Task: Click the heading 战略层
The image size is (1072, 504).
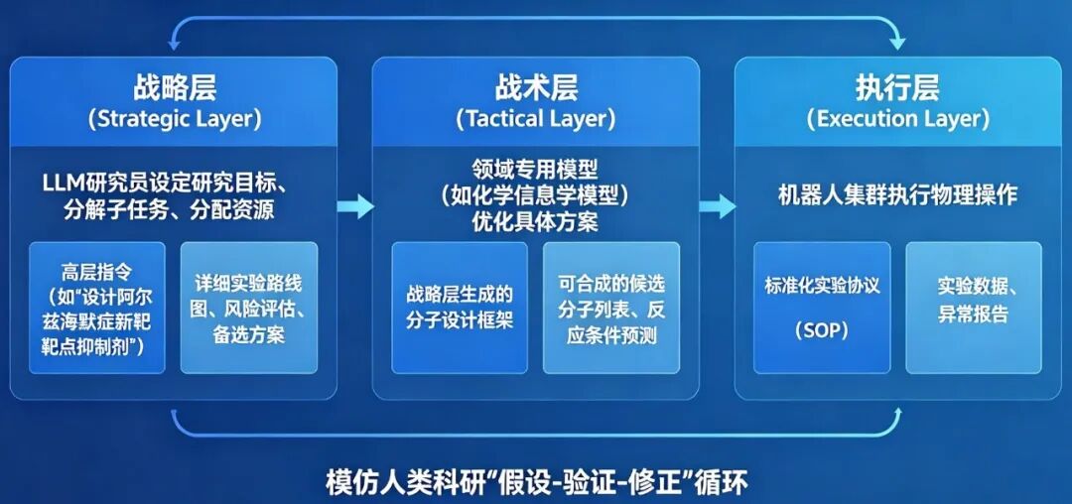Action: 174,88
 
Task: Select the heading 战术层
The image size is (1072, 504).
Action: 535,88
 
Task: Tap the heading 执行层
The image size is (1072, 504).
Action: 897,88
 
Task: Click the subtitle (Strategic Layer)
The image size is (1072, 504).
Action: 175,119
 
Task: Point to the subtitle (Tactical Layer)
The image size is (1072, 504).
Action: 535,119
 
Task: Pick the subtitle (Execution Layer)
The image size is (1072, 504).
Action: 897,119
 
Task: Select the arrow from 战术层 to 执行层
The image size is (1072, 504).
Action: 718,205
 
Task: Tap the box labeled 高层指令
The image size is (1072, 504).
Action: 97,308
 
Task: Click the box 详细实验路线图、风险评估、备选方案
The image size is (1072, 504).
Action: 249,308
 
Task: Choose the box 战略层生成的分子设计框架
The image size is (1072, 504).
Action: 460,308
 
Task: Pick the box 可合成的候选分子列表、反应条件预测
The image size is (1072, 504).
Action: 611,308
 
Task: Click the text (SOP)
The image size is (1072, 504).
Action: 822,331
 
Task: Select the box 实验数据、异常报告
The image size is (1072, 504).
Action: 974,308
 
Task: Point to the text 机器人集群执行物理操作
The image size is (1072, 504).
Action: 897,195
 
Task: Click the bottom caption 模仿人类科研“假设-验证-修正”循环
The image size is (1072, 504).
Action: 537,483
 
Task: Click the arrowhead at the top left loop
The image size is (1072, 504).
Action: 174,43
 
